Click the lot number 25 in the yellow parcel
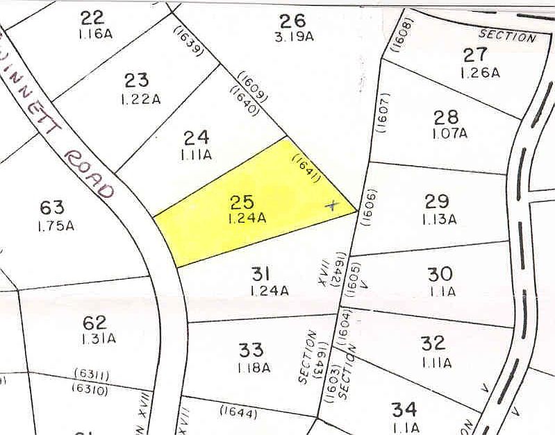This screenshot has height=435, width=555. click(x=242, y=203)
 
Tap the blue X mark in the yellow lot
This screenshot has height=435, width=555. click(x=332, y=205)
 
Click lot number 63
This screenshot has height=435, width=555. click(x=52, y=207)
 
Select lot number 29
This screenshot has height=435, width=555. click(x=437, y=202)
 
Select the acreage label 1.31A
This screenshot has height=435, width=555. click(x=94, y=339)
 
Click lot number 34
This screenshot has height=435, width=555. click(x=404, y=408)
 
